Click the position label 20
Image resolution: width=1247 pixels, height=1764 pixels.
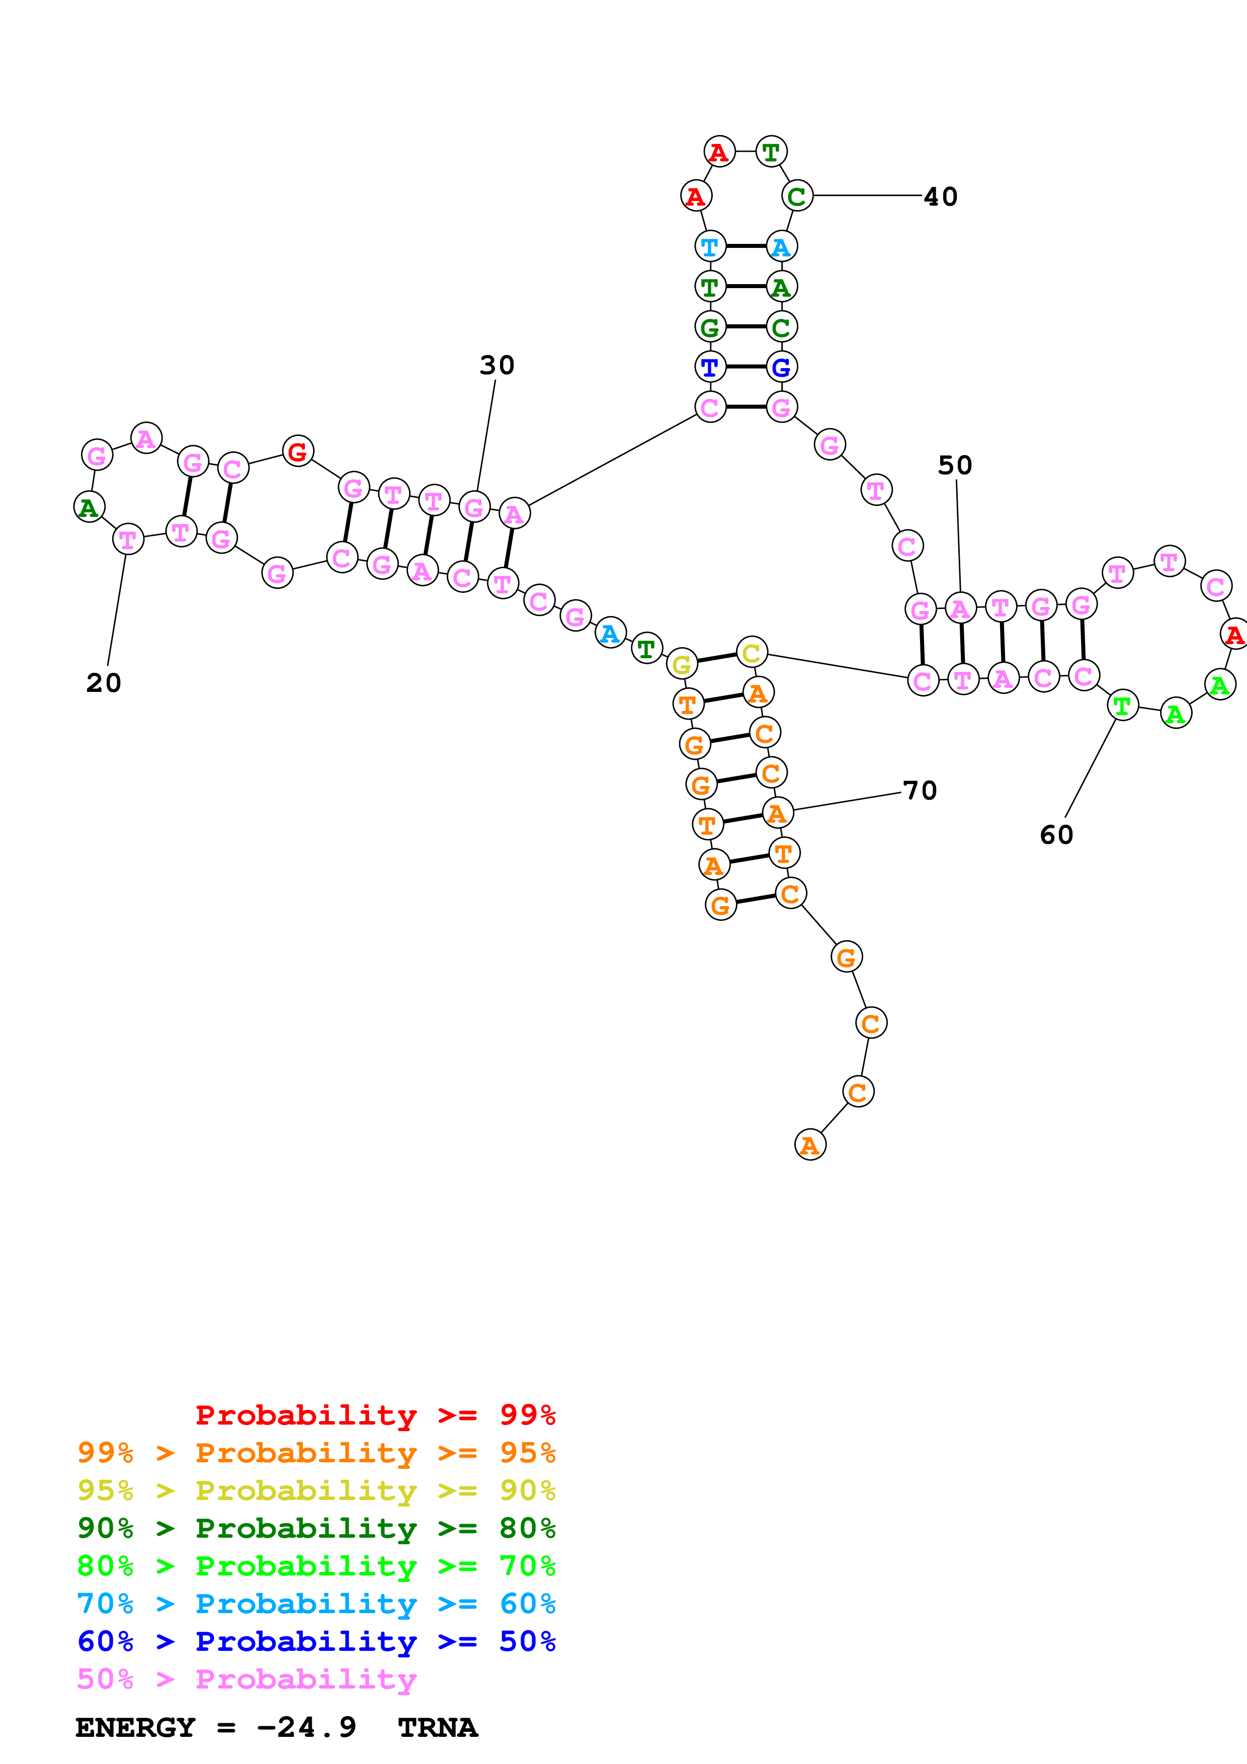(x=104, y=682)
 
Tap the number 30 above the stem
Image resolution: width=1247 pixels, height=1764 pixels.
(x=497, y=365)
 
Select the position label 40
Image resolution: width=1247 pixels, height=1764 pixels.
(x=941, y=197)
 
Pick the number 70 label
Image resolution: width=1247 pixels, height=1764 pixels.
(x=920, y=790)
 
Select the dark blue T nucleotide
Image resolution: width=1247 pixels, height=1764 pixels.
(x=710, y=367)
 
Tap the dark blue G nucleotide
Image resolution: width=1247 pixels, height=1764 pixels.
(x=781, y=367)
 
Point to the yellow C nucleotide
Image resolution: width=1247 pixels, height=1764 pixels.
(x=752, y=652)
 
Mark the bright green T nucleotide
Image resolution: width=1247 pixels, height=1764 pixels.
(x=1123, y=705)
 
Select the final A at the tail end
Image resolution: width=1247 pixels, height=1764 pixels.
(x=810, y=1145)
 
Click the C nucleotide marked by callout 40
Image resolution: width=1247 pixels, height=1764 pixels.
(x=797, y=196)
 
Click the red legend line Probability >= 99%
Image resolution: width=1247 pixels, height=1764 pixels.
(x=375, y=1415)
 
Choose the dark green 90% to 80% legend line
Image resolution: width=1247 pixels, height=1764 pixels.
(x=316, y=1528)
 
